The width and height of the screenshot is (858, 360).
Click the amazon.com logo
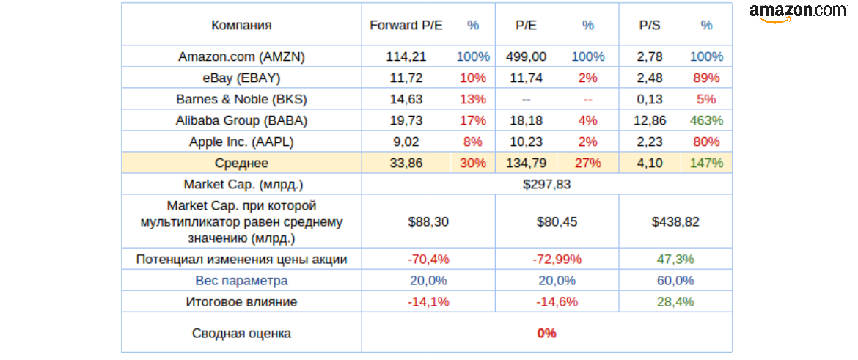(798, 12)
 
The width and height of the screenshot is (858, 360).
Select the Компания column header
(241, 25)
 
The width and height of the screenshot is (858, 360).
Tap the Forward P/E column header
(406, 25)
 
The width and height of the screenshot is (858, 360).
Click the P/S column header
(650, 25)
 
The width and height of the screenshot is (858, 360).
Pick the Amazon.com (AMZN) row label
(241, 56)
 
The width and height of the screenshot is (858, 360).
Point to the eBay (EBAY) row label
(241, 78)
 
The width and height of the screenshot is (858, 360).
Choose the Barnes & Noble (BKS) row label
(241, 99)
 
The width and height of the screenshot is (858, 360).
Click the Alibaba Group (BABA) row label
(241, 120)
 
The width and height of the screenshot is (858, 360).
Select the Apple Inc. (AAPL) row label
(241, 142)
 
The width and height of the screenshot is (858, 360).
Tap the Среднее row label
(241, 163)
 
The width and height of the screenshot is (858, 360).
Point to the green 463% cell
(706, 120)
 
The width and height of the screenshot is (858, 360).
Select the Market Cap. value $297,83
(546, 184)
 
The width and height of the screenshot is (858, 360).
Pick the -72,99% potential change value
(556, 259)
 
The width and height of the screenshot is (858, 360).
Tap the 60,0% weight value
(675, 280)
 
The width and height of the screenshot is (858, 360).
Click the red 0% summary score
(546, 333)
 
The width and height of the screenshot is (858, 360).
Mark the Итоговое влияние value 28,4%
(675, 301)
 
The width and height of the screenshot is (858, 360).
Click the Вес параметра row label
(241, 280)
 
